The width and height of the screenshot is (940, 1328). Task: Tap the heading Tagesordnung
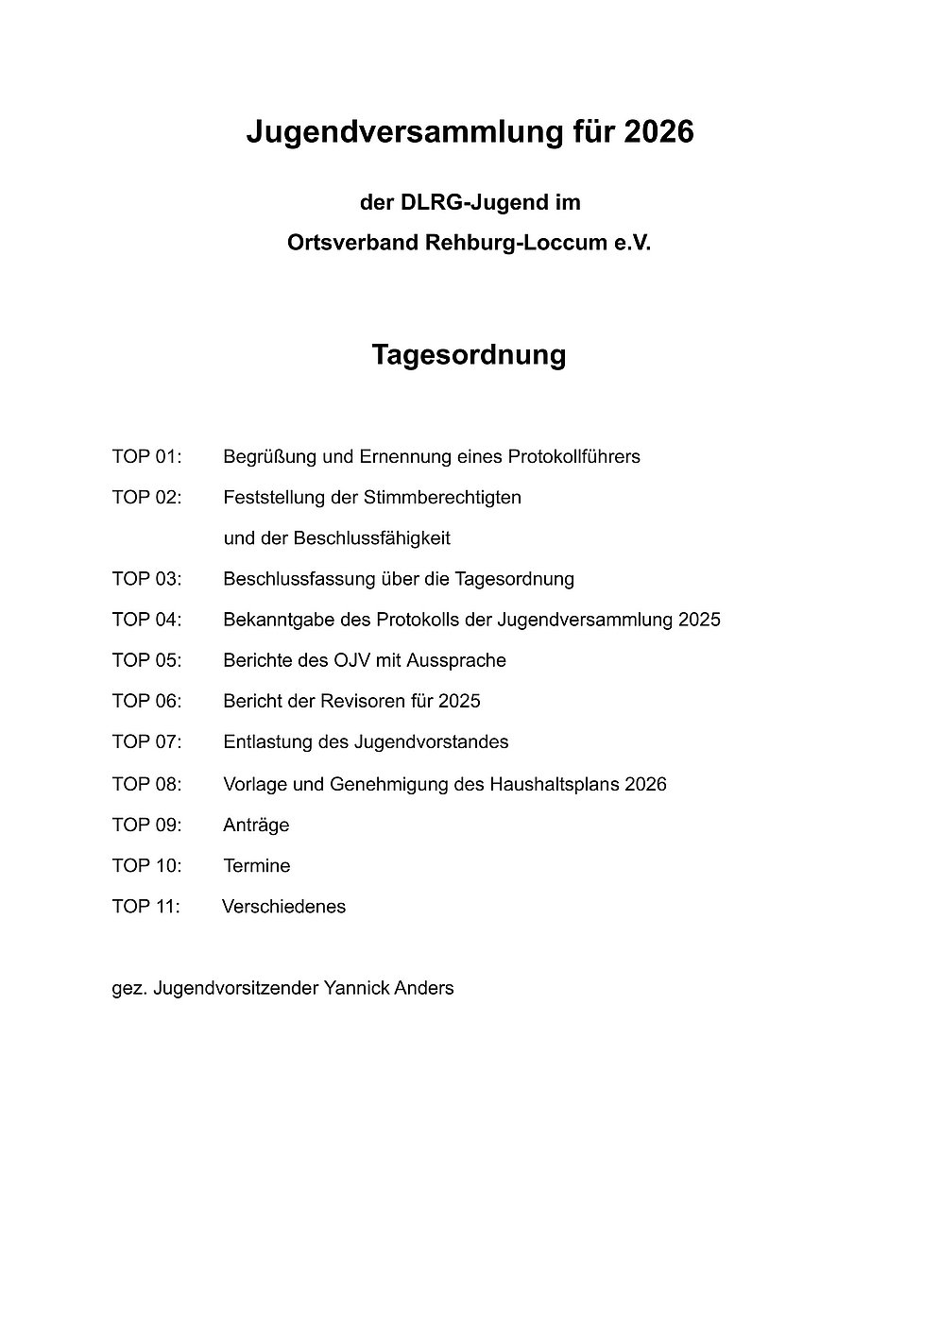469,354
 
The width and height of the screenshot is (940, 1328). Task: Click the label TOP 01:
146,457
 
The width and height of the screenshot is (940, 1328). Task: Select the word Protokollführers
574,457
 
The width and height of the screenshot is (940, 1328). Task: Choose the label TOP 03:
146,579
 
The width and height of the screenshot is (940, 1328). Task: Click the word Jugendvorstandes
432,741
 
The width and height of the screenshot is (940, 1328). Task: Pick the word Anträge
256,825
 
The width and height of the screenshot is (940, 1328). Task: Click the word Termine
257,865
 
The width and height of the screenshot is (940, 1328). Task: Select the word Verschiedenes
284,907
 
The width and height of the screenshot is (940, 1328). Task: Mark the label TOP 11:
145,907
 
